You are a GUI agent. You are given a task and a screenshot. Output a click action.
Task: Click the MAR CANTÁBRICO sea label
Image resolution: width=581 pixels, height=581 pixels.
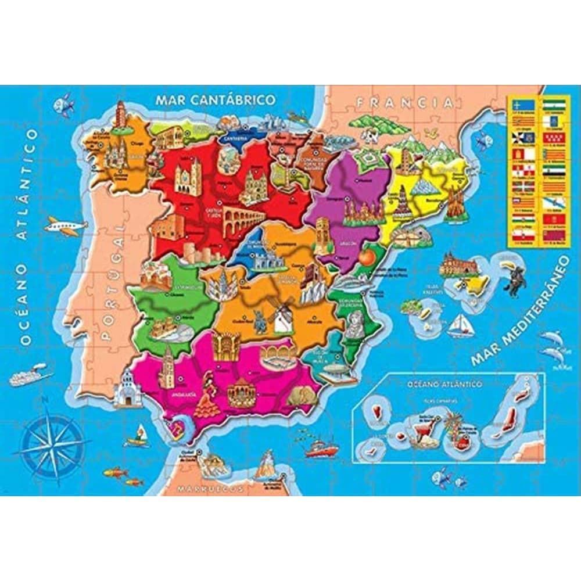[215, 99]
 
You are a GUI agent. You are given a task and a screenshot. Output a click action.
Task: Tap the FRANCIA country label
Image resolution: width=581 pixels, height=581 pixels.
[404, 103]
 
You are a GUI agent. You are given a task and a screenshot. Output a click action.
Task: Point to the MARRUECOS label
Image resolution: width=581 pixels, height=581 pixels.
[210, 489]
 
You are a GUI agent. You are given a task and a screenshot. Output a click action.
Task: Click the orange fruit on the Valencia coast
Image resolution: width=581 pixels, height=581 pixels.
[365, 256]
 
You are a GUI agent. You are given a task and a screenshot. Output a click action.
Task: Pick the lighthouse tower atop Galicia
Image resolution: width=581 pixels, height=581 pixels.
[120, 114]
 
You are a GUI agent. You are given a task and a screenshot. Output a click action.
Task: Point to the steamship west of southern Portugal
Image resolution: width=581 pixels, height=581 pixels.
[26, 375]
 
